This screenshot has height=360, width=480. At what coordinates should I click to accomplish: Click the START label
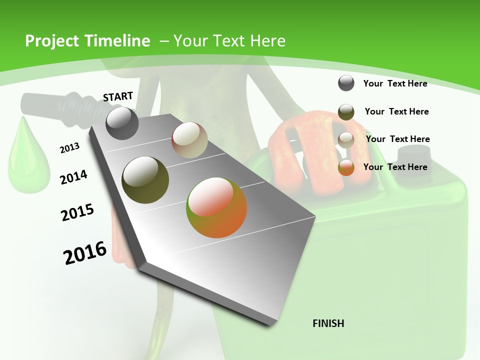tap(118, 96)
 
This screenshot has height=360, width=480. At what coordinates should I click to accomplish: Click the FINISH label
tap(328, 323)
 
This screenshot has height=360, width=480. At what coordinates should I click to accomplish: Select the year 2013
tap(69, 147)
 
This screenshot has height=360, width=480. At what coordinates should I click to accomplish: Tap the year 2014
tap(73, 177)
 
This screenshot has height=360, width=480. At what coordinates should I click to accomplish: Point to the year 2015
tap(77, 212)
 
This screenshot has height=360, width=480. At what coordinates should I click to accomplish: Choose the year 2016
tap(85, 253)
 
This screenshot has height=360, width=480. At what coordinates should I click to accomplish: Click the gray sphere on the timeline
tap(122, 123)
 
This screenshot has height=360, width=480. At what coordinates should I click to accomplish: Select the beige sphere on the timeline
tap(189, 140)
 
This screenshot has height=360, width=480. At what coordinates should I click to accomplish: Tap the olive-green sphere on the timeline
tap(145, 179)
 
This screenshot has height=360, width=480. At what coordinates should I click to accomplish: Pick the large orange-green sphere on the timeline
tap(216, 207)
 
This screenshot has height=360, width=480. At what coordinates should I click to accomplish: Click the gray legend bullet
tap(346, 83)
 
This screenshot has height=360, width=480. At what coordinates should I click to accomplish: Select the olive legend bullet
tap(346, 112)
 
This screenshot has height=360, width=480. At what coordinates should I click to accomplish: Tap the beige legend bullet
tap(346, 140)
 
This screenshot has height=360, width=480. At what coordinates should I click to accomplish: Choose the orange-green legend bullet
tap(346, 168)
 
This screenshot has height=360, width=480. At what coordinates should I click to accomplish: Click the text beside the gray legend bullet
tap(395, 83)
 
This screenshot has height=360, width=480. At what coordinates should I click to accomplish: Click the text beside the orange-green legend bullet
tap(395, 167)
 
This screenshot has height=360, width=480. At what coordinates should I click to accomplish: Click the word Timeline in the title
tap(114, 41)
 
